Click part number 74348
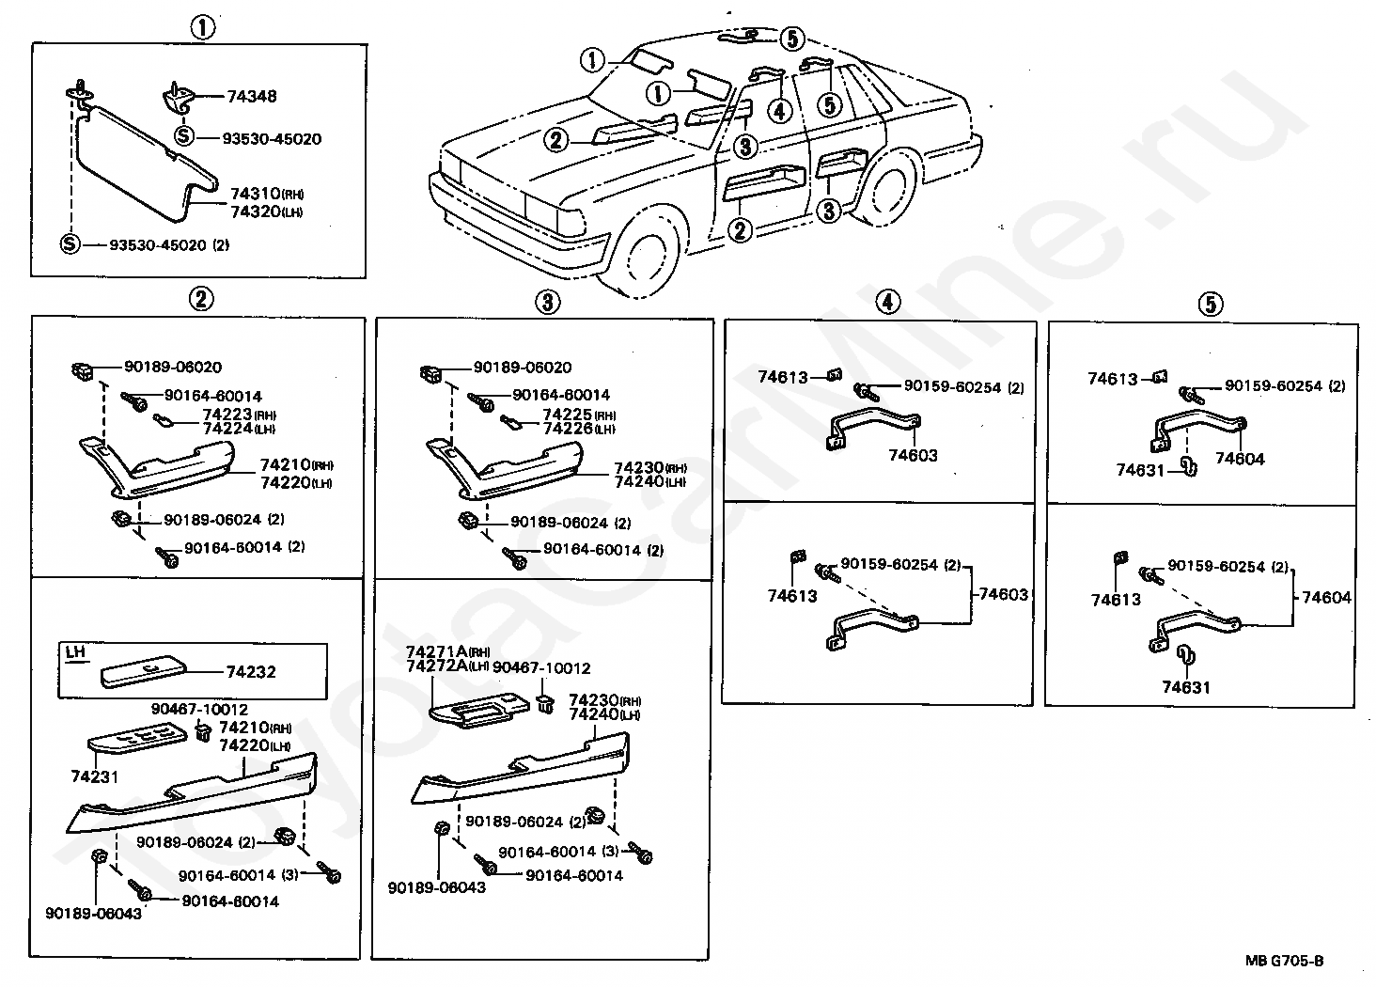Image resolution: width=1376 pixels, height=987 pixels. (x=252, y=96)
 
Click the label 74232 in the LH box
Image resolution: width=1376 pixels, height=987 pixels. (x=252, y=672)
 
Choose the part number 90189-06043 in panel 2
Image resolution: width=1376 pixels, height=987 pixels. (x=93, y=913)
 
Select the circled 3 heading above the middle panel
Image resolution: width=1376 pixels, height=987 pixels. (x=547, y=302)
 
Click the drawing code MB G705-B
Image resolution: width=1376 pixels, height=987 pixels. (x=1284, y=960)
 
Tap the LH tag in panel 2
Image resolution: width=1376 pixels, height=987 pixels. (x=75, y=650)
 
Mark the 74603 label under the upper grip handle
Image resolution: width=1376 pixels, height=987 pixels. (x=914, y=456)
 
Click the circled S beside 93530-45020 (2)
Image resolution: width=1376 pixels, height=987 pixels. (x=70, y=244)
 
